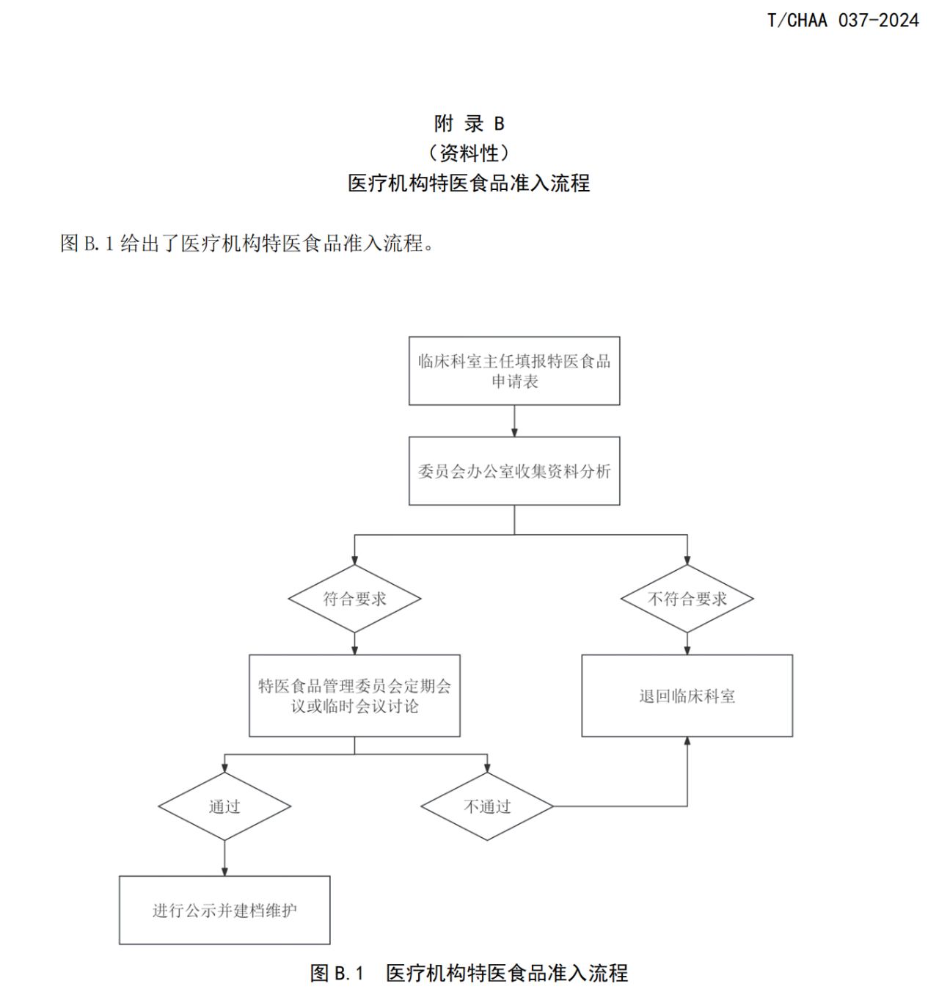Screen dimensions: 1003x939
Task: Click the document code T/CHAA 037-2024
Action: tap(842, 21)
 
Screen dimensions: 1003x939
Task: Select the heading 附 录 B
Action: tap(469, 123)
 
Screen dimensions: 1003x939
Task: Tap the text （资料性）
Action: tap(469, 153)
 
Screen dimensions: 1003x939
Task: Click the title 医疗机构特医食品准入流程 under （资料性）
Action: tap(469, 183)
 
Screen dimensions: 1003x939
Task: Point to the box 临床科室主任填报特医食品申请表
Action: tap(514, 371)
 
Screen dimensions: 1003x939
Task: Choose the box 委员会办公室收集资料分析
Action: tap(514, 471)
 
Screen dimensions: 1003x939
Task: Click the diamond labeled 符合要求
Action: tap(354, 599)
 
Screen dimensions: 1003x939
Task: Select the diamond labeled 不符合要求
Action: tap(687, 599)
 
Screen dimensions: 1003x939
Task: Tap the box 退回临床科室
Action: tap(687, 696)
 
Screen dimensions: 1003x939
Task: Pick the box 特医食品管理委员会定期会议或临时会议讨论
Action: tap(354, 696)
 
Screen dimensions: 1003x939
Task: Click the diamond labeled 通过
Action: tap(224, 806)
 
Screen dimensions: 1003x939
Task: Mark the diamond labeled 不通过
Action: tap(487, 806)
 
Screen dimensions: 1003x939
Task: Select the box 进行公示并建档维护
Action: tap(224, 910)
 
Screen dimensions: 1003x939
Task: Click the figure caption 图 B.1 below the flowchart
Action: tap(469, 973)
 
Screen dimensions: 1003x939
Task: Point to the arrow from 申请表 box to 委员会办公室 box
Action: tap(514, 421)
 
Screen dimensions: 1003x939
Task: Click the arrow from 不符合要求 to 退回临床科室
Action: tap(687, 643)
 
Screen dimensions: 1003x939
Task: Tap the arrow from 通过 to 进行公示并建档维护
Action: tap(224, 858)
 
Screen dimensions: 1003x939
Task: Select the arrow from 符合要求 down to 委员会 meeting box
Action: tap(355, 643)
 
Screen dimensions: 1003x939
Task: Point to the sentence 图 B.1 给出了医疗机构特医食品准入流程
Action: tap(246, 243)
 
